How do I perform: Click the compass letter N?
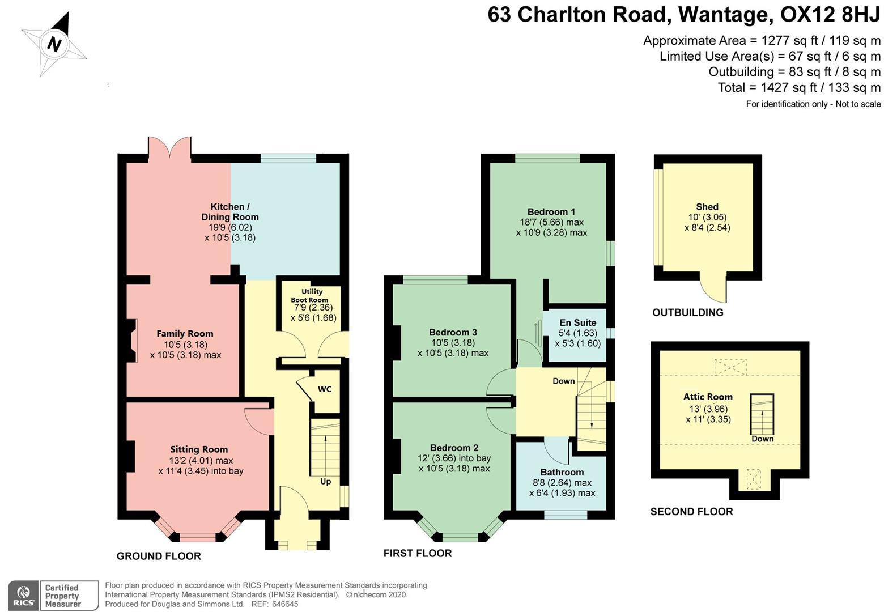click(x=54, y=44)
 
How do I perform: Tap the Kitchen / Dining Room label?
click(x=230, y=212)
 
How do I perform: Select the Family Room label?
click(x=185, y=334)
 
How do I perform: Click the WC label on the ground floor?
click(x=325, y=389)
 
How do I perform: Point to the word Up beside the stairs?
click(x=326, y=482)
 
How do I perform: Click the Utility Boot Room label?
click(x=311, y=296)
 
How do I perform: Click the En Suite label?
click(x=577, y=322)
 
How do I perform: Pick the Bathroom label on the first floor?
click(x=562, y=472)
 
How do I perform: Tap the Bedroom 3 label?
click(x=453, y=332)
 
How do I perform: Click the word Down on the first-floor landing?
click(x=564, y=381)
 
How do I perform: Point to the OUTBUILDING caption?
click(x=687, y=312)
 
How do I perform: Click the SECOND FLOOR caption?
click(x=691, y=512)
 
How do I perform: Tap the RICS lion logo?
click(x=24, y=596)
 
